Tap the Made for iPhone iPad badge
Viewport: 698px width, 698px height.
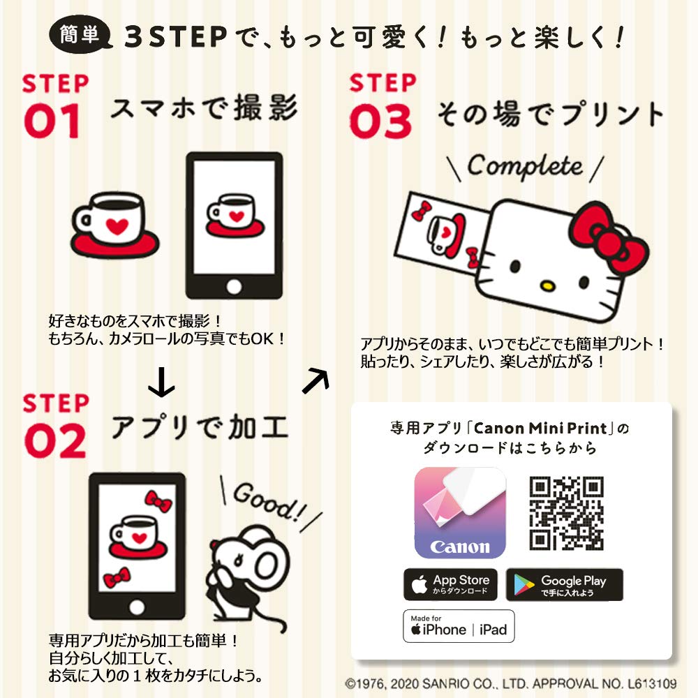click(x=459, y=626)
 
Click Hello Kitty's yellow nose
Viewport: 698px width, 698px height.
click(x=547, y=285)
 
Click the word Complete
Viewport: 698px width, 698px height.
click(x=524, y=166)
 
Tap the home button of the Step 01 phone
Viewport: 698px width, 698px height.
click(x=234, y=286)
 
